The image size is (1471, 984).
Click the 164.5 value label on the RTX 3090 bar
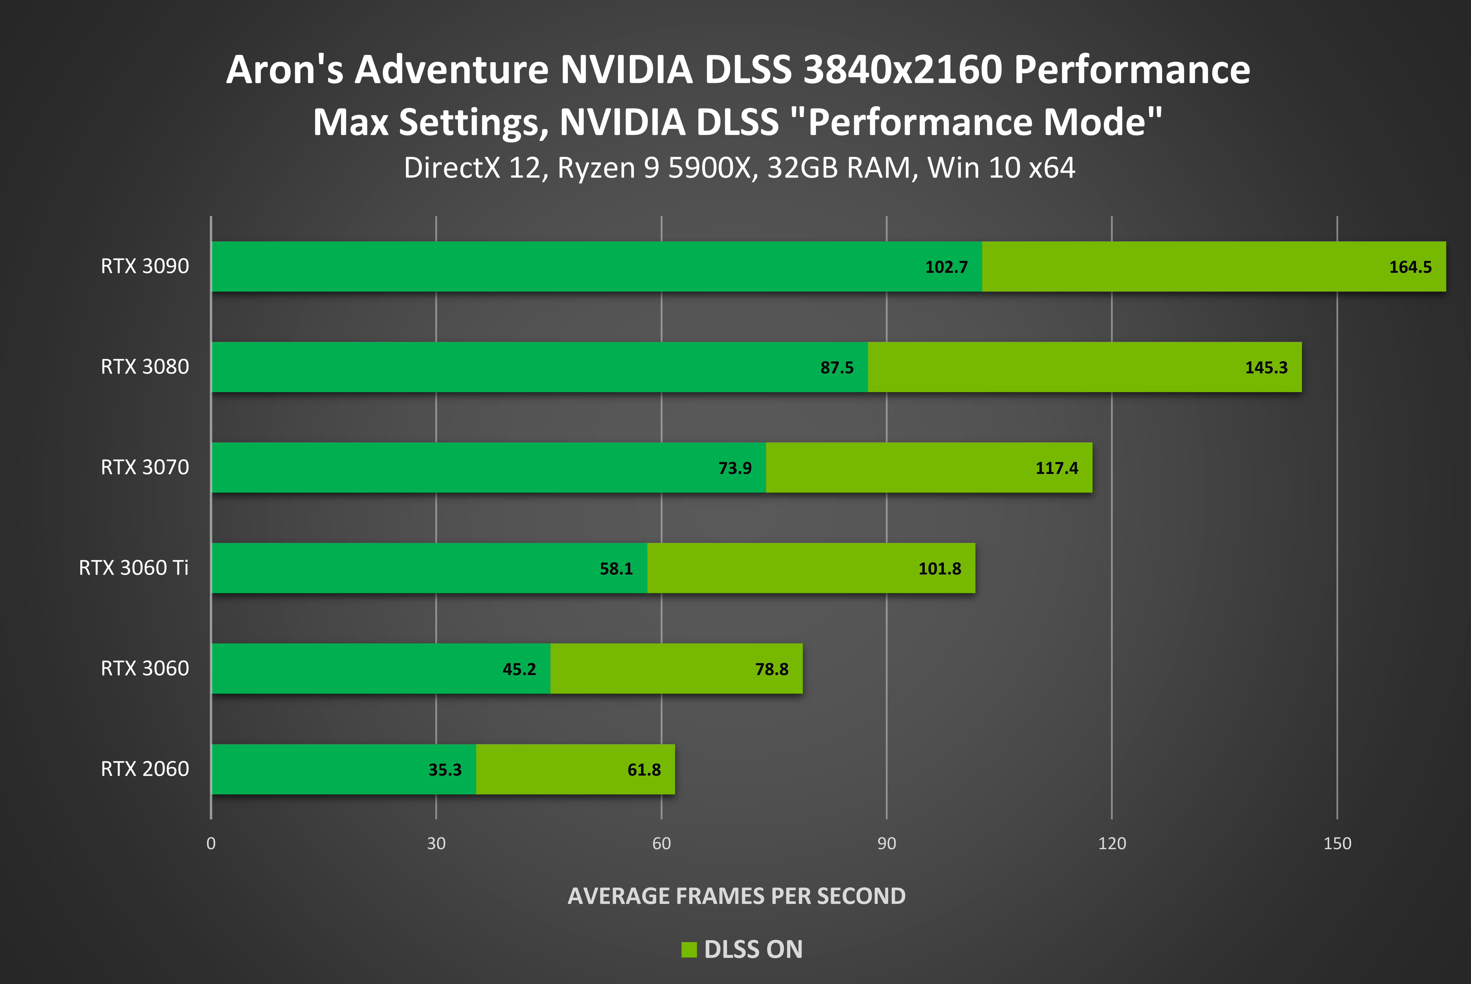tap(1410, 267)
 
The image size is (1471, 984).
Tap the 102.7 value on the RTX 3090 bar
tap(946, 267)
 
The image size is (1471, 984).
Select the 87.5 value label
tap(837, 368)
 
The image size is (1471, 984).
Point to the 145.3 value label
tap(1266, 368)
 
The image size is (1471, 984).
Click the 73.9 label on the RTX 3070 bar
tap(735, 468)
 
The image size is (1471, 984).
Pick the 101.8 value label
tap(939, 569)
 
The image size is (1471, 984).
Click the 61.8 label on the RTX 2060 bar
tap(644, 770)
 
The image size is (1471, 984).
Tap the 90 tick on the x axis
tap(886, 844)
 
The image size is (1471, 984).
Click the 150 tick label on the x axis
tap(1337, 844)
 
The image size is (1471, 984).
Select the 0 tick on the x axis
tap(211, 844)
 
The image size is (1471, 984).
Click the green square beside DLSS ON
tap(689, 949)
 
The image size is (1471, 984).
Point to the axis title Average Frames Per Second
tap(736, 896)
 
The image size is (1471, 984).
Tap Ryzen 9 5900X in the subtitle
tap(654, 168)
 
